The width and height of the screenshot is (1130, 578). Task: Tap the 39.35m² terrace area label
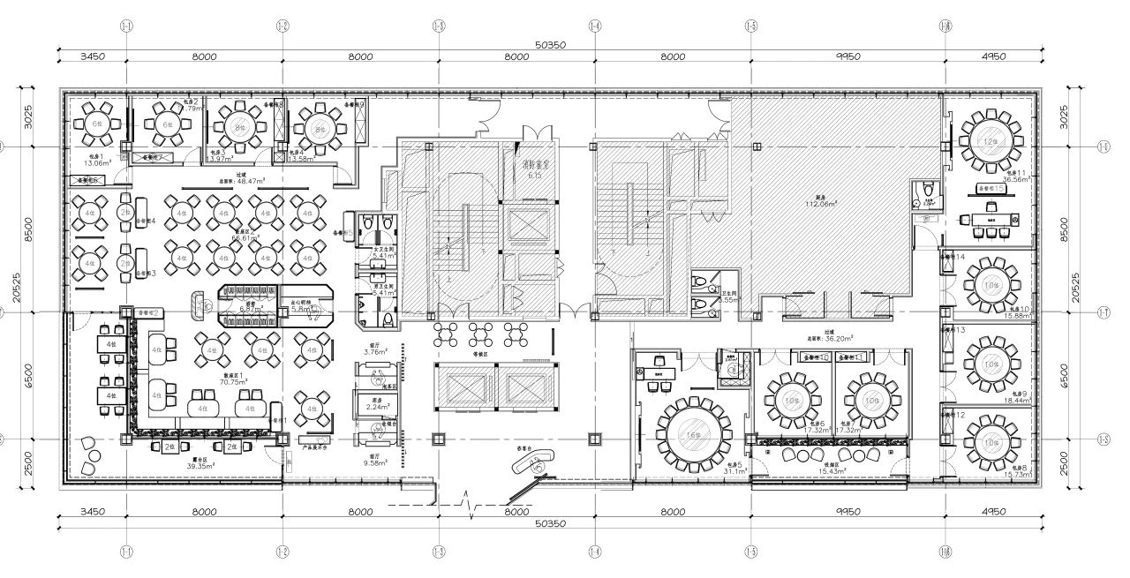pos(207,466)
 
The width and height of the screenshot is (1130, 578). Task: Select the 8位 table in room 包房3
pos(237,127)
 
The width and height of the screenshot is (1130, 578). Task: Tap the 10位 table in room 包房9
pos(991,364)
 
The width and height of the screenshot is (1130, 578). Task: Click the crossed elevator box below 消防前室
pos(526,226)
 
